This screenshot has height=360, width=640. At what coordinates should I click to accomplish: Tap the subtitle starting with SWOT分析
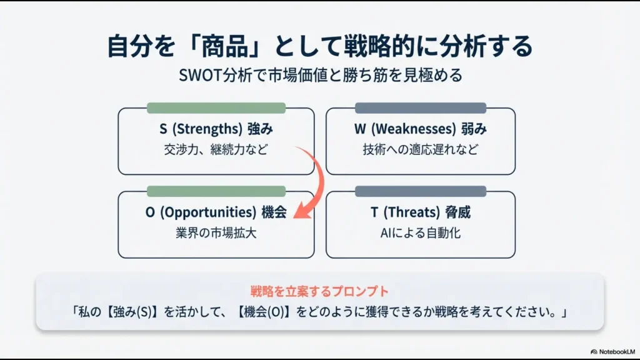pos(320,75)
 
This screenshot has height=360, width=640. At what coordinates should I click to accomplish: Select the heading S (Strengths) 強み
pos(216,129)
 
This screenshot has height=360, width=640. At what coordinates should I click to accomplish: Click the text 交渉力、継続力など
pos(216,150)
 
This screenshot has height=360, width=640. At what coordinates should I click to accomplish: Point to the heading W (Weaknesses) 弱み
pos(420,129)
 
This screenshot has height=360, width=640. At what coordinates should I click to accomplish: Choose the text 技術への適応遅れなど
pos(420,150)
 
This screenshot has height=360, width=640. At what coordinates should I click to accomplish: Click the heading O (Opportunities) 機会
pos(216,212)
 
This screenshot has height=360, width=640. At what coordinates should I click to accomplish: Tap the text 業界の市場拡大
pos(216,233)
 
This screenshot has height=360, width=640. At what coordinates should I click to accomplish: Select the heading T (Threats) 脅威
pos(420,212)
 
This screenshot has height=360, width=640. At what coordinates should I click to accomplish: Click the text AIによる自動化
pos(420,233)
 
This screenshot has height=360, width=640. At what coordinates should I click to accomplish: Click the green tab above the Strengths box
pos(216,107)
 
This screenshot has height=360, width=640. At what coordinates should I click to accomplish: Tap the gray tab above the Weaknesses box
pos(420,107)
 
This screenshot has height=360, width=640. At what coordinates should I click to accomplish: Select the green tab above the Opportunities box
pos(216,191)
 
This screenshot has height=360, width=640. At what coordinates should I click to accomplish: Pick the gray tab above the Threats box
pos(420,191)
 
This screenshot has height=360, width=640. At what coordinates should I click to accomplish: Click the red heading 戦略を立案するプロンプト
pos(319,291)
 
